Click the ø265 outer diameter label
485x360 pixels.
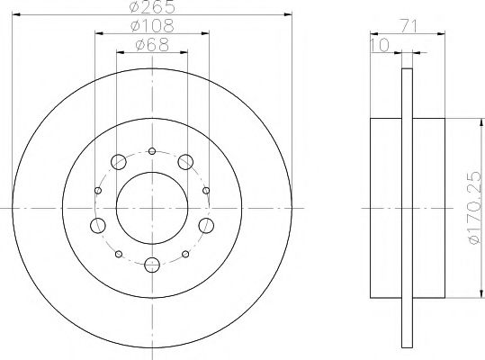point(152,8)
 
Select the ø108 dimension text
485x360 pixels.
point(152,27)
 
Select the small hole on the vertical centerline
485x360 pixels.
point(152,150)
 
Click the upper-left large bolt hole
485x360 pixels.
point(119,162)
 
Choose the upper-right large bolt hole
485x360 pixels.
point(185,162)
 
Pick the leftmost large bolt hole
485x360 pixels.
point(99,225)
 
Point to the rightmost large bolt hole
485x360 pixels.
point(206,225)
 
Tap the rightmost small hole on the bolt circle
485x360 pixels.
point(207,190)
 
